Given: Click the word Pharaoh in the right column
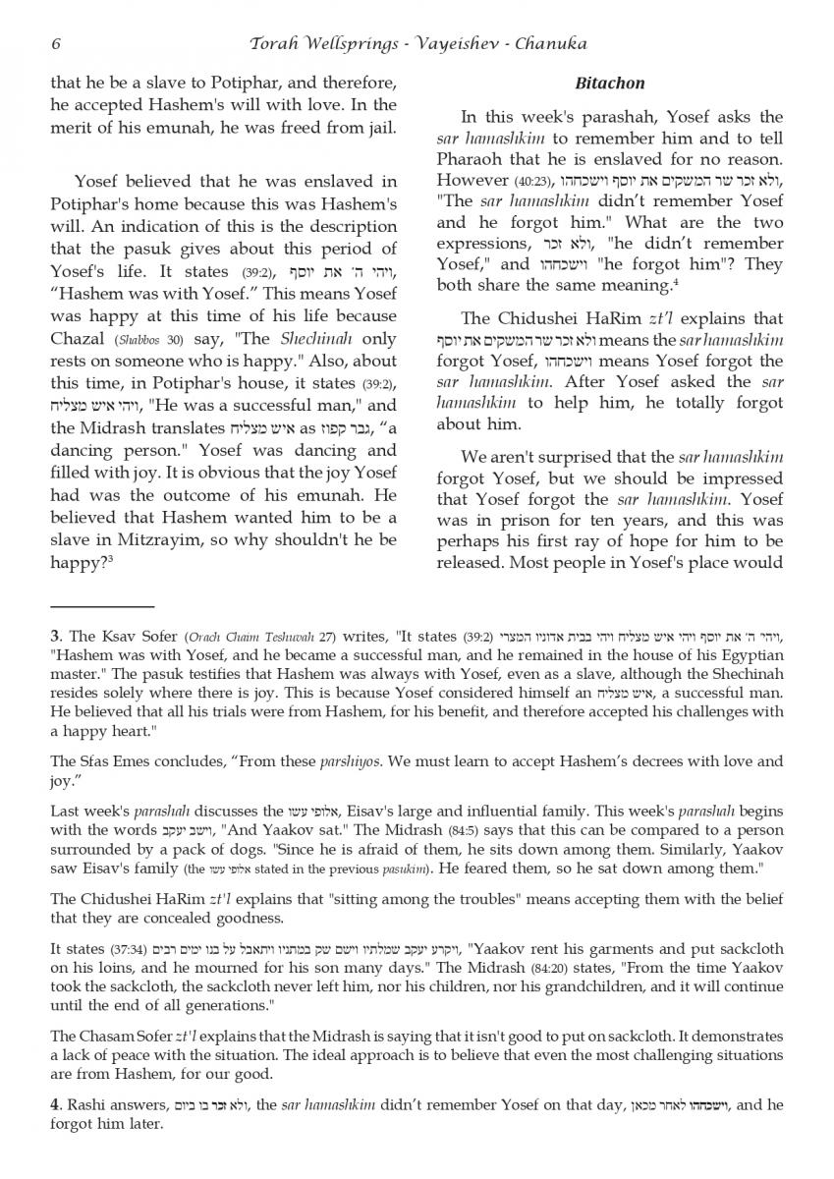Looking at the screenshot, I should pyautogui.click(x=473, y=159).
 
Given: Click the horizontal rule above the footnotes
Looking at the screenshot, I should pyautogui.click(x=102, y=607).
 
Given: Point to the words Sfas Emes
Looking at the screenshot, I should pyautogui.click(x=107, y=761).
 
